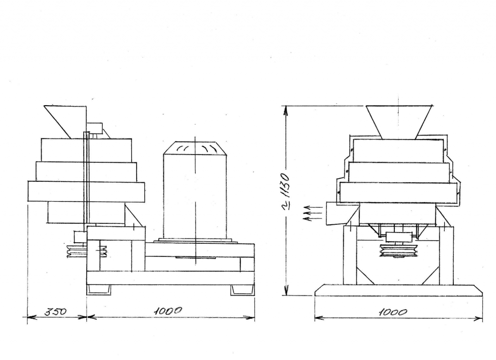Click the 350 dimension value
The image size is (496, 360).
pyautogui.click(x=56, y=312)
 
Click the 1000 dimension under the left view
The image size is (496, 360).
pyautogui.click(x=168, y=311)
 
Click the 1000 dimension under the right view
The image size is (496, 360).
pyautogui.click(x=392, y=312)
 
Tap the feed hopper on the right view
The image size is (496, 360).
pyautogui.click(x=399, y=122)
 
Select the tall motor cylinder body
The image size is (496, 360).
pyautogui.click(x=195, y=196)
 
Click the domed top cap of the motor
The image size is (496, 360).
pyautogui.click(x=195, y=148)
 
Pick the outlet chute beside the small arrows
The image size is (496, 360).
pyautogui.click(x=342, y=214)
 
